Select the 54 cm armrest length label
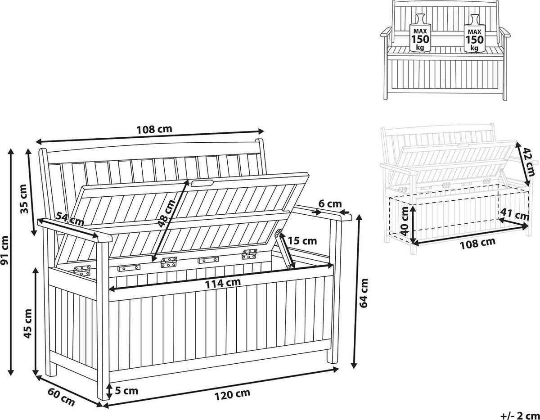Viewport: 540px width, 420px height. point(70,219)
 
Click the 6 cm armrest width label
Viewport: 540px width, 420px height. point(330,204)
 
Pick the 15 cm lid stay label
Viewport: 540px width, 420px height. point(302,240)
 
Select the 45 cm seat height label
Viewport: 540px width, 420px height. point(27,324)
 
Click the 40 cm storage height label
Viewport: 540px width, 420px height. point(405,221)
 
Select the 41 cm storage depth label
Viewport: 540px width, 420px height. point(514,215)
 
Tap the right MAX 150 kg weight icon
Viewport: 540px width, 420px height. point(474,36)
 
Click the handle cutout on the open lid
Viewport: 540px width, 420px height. point(202,183)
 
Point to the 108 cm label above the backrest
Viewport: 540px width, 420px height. point(154,129)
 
